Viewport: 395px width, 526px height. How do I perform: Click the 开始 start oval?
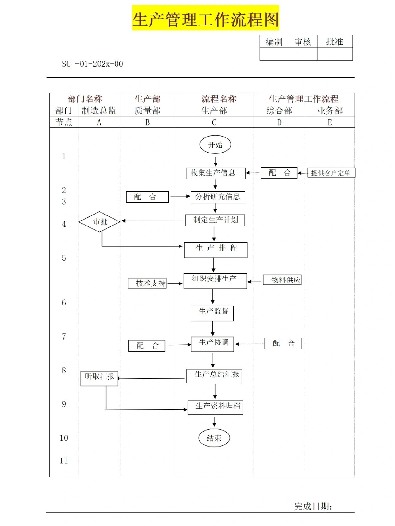215,145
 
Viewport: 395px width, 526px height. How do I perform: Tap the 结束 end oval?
214,438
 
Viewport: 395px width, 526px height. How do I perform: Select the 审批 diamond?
99,222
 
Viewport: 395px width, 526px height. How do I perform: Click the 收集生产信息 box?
216,173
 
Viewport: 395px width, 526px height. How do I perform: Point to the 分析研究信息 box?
218,197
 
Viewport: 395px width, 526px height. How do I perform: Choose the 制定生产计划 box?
215,220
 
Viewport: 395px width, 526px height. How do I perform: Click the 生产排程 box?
215,250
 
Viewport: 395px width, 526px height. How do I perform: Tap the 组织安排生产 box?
215,281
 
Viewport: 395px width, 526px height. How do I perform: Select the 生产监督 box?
212,313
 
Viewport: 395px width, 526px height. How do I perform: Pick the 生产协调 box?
212,344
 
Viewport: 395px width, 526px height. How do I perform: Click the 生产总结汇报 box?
214,376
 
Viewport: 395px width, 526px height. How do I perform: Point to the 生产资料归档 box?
215,407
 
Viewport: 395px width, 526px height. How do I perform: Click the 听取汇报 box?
99,378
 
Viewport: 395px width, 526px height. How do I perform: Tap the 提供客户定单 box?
331,173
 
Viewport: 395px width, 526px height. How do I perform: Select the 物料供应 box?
282,280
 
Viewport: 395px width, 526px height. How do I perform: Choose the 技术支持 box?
147,283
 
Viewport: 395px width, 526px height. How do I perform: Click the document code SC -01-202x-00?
92,64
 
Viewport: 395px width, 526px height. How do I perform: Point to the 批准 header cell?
335,42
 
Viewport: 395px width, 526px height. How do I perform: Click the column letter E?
330,123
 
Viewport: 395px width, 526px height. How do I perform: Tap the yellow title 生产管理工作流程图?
206,18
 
